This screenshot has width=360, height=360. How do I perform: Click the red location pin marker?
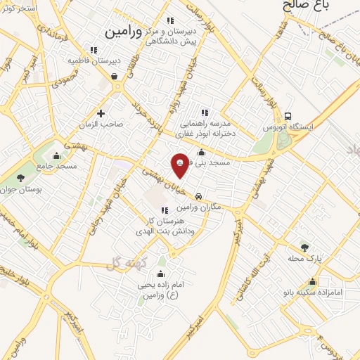[x=181, y=165]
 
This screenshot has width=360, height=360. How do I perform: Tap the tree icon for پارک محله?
[x=304, y=247]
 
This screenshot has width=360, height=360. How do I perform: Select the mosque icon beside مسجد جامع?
[x=58, y=155]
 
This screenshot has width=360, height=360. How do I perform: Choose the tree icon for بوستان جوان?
[x=20, y=179]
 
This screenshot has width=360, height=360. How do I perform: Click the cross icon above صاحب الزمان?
[x=101, y=112]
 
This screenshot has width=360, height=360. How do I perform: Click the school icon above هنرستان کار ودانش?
[x=164, y=210]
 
